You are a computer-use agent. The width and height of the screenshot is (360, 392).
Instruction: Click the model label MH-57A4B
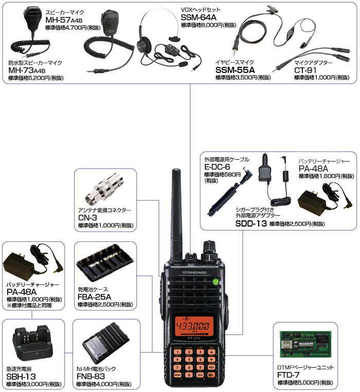64,20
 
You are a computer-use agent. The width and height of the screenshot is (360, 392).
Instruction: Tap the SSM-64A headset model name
199,17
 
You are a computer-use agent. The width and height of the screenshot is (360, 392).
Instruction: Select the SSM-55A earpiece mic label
235,70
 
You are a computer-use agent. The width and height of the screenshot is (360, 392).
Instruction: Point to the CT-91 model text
305,70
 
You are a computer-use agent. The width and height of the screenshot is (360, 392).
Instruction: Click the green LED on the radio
215,282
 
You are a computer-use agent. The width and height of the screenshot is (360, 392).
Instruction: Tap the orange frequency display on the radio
194,326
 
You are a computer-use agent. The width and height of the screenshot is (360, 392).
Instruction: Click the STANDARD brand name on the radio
194,272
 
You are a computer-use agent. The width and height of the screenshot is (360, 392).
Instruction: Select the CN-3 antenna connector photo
105,189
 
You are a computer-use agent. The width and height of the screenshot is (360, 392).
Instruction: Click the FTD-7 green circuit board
304,344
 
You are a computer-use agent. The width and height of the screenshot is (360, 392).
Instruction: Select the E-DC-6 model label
217,167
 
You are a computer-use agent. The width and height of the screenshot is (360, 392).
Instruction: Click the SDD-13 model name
251,223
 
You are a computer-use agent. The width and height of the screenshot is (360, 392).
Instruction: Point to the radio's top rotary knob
210,250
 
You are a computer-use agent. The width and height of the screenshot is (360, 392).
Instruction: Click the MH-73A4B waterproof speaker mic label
27,70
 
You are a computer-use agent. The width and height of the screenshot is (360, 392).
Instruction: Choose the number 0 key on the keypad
189,375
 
